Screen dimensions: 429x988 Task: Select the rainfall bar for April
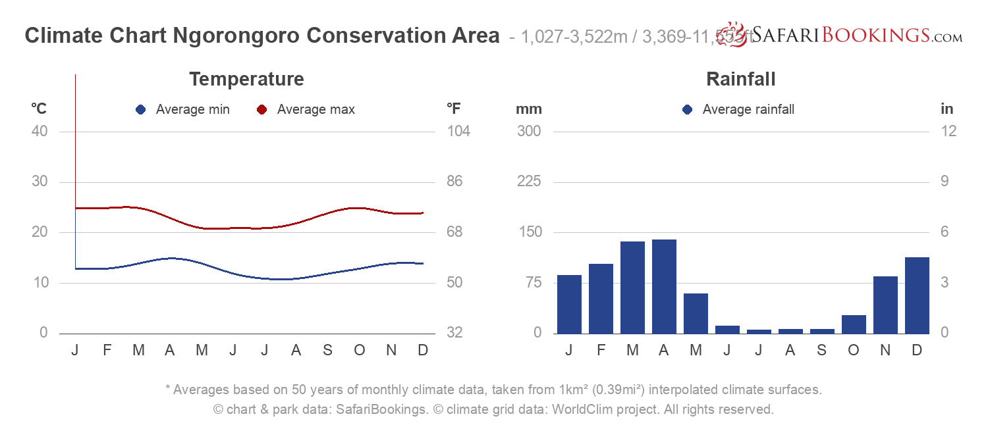coord(664,286)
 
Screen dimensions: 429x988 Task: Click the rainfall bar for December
coord(917,295)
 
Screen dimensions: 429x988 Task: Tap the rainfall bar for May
coord(696,313)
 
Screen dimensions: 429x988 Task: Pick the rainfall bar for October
coord(854,324)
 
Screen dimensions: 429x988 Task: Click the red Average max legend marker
coord(261,110)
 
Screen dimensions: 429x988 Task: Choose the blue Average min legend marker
coord(140,110)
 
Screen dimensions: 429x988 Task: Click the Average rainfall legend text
coord(748,110)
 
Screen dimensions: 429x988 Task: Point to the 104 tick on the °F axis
coord(458,131)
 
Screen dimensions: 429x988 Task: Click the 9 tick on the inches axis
coord(948,182)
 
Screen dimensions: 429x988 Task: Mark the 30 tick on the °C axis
coord(40,182)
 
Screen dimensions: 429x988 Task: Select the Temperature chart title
coord(246,80)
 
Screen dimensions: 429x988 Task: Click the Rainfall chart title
coord(740,80)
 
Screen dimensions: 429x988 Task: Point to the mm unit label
coord(528,109)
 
